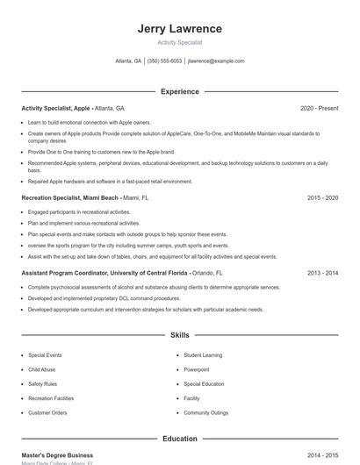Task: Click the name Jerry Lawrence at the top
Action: coord(179,29)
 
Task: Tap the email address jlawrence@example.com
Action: coord(216,61)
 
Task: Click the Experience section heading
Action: coord(179,91)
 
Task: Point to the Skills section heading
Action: coord(179,335)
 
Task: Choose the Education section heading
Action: coord(179,438)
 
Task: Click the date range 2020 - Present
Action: coord(319,108)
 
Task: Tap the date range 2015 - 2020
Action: coord(322,198)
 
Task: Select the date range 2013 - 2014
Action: coord(322,273)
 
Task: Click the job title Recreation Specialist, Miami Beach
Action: coord(70,198)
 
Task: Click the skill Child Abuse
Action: coord(42,369)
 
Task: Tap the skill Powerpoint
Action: coord(197,369)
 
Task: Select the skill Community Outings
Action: coord(205,412)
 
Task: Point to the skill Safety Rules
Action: coord(42,383)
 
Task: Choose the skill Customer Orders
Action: coord(47,412)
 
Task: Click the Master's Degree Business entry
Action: coord(57,455)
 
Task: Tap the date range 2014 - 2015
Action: coord(322,455)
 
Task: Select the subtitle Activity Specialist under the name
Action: coord(179,42)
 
